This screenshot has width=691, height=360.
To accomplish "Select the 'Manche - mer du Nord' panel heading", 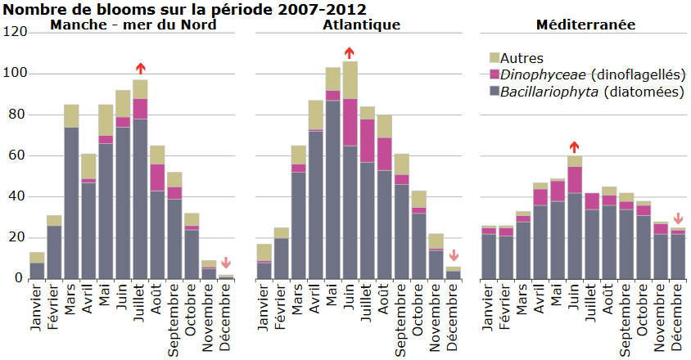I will [x=133, y=25].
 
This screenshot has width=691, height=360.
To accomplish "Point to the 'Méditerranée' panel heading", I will [x=585, y=25].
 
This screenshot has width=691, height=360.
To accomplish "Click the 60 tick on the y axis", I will [x=19, y=155].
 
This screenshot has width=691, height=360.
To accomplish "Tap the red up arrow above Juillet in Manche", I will [x=141, y=69].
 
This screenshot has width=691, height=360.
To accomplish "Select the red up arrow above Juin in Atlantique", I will [x=350, y=53].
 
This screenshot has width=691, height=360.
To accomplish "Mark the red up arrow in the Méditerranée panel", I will [x=575, y=146].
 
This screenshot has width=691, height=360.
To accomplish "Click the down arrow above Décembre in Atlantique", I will [x=454, y=256].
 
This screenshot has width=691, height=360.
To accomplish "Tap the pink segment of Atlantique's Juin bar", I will [x=350, y=122].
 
